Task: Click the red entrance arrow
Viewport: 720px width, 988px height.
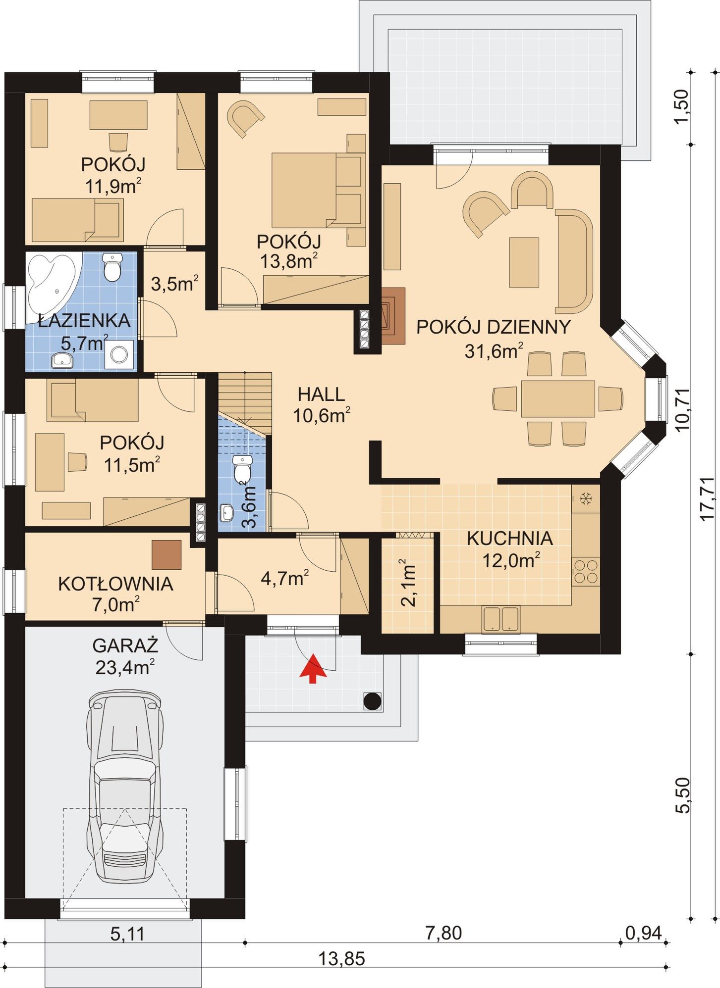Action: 313,668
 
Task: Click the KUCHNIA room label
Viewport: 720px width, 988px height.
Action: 510,538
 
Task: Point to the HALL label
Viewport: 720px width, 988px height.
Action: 321,395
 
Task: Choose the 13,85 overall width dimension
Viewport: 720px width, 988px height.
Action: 341,959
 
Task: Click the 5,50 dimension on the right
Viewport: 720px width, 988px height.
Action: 682,795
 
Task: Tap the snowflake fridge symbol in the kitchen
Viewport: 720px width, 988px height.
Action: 586,498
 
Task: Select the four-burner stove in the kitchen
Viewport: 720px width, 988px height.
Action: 586,572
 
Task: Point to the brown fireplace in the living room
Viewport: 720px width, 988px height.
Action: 392,316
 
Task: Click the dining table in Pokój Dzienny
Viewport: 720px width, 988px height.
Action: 558,398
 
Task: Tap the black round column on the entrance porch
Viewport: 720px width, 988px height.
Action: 373,701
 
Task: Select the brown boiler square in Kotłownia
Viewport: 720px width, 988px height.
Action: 166,554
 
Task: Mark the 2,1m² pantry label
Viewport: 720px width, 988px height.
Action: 407,583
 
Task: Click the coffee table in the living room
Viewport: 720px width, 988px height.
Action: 524,262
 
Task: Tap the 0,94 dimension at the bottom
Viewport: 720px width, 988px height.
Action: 643,933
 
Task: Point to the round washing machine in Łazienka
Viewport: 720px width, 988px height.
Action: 119,354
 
